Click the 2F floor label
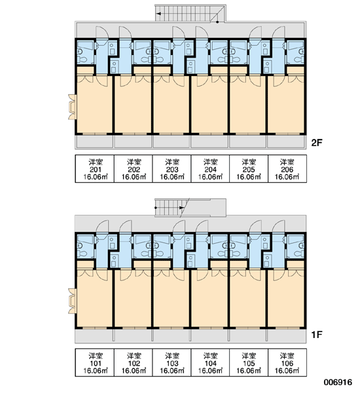point(317,143)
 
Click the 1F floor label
point(317,334)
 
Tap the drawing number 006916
point(338,382)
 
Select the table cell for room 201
point(95,169)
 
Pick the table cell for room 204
point(210,169)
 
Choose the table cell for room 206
point(287,169)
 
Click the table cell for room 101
point(95,362)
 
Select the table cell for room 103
point(172,362)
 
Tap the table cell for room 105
point(249,362)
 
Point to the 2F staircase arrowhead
point(158,14)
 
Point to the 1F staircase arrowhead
point(182,208)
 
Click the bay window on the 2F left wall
point(72,107)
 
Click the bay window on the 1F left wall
point(72,301)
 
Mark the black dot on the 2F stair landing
point(217,22)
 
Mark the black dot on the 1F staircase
point(156,208)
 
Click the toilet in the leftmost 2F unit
point(81,60)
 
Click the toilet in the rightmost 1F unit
point(299,253)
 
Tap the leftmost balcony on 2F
point(94,142)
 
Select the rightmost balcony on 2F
point(287,142)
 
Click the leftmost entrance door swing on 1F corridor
point(102,227)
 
